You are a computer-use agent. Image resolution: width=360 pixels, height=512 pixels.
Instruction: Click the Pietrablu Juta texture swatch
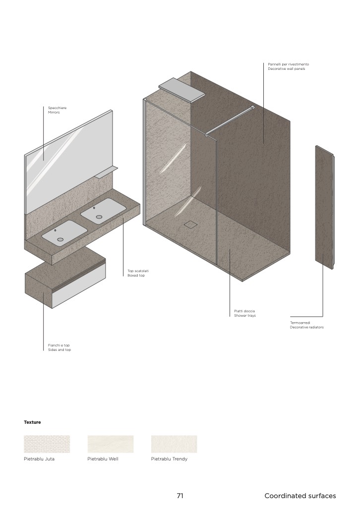(x=47, y=444)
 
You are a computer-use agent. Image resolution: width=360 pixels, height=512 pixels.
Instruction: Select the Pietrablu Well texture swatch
(x=110, y=444)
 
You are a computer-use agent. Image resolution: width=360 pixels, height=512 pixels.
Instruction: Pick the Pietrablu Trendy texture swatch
(x=174, y=444)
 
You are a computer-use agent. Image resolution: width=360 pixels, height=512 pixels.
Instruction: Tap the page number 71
(x=180, y=496)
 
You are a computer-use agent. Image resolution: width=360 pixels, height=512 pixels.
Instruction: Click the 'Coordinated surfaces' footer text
(x=300, y=496)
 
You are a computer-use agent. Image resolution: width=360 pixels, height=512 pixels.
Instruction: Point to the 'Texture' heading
(x=32, y=422)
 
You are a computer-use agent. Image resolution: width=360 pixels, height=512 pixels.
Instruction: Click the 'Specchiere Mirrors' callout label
(x=57, y=110)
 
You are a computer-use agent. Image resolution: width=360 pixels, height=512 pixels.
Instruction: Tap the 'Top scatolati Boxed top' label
(x=138, y=273)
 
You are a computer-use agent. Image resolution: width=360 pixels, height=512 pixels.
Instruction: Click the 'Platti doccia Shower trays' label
(x=245, y=313)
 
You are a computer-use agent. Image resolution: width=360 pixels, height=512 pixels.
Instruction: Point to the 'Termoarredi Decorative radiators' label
(x=306, y=325)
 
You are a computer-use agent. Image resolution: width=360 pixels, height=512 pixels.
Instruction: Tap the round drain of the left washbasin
(x=60, y=239)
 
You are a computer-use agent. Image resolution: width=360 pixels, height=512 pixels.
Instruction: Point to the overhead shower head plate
(x=182, y=89)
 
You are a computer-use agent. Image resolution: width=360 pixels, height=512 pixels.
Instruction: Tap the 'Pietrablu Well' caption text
(x=103, y=459)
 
